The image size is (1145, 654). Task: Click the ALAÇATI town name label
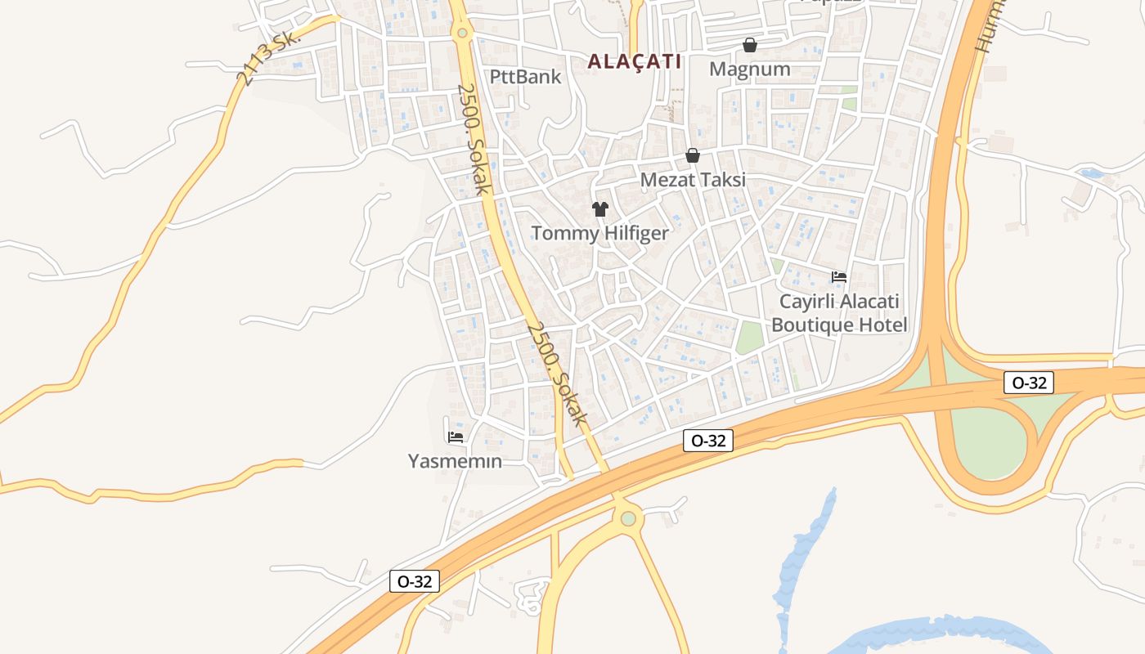634,61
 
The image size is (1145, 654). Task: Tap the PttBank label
525,77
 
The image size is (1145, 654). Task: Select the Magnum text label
749,69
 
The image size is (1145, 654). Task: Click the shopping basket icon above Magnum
749,45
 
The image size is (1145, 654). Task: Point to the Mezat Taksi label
693,179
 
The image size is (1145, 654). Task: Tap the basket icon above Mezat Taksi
693,155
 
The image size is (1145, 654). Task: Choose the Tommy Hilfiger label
599,233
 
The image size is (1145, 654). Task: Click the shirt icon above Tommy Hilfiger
600,209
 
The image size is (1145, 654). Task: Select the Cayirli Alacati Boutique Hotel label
839,313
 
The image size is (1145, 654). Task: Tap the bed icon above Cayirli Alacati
839,277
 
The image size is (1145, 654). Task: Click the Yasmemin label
455,461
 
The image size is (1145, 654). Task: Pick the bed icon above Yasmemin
456,437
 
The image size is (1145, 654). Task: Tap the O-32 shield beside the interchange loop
1029,383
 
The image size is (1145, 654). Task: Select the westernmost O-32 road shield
415,581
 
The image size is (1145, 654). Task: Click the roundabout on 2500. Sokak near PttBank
463,33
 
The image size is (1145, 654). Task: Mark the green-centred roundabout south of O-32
628,518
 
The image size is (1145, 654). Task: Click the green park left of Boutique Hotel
749,338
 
